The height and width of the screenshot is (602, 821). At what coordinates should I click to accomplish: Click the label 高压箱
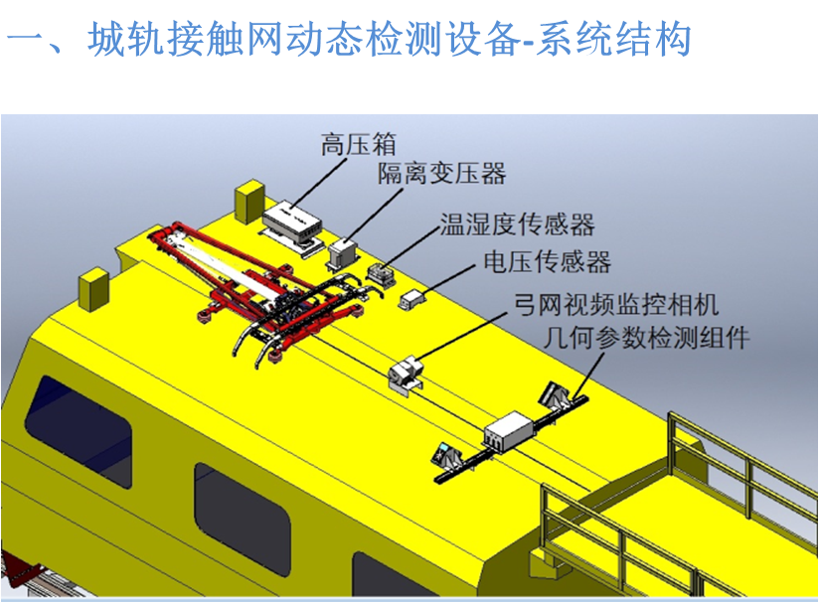359,144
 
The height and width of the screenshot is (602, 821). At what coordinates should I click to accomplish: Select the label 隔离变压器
442,173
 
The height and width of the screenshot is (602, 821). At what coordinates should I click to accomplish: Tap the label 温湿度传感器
517,225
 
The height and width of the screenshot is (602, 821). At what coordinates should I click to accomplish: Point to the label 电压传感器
547,261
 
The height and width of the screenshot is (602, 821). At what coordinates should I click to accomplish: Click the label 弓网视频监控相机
616,305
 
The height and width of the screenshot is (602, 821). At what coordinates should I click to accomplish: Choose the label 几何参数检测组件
647,338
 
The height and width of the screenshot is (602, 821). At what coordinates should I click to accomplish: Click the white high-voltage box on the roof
292,222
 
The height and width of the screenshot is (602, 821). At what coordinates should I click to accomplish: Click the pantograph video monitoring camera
407,373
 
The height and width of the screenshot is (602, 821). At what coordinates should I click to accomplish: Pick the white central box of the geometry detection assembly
509,431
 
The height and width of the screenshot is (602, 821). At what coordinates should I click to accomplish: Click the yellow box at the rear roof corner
249,202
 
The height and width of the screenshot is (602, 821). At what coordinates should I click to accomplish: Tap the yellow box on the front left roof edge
93,289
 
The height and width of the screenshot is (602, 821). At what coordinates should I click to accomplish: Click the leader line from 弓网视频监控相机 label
462,337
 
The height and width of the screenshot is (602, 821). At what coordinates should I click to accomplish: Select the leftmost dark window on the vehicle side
78,431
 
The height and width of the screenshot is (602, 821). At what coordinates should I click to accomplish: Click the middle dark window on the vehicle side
242,519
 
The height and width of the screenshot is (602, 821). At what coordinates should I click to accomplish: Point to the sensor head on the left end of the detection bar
445,454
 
